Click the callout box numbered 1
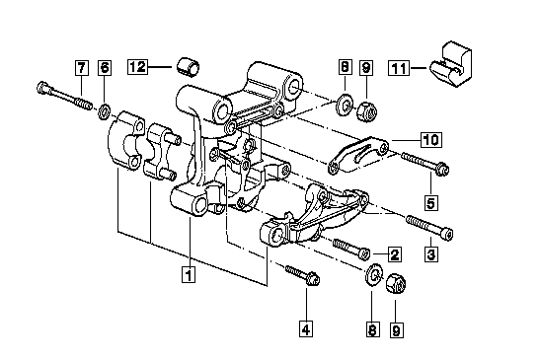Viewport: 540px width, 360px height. [189, 274]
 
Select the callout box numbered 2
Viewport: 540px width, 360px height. [394, 254]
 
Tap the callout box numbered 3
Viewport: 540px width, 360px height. [431, 254]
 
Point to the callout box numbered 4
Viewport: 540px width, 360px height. [306, 329]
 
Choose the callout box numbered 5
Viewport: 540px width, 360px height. [430, 203]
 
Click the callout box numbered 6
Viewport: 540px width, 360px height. [105, 67]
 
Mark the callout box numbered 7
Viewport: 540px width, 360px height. [82, 67]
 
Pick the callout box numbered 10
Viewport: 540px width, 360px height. [431, 139]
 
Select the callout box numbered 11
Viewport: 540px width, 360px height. [399, 68]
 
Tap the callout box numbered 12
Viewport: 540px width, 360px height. [138, 66]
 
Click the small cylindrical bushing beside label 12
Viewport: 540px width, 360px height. [189, 67]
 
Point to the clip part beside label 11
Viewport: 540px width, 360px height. [451, 64]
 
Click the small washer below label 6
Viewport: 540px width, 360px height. [104, 111]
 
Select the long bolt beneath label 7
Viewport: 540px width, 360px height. [64, 95]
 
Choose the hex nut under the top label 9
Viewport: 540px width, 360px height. [367, 110]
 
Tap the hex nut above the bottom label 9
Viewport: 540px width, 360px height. [396, 283]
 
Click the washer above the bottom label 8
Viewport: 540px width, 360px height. [374, 274]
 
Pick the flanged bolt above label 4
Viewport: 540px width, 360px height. [302, 274]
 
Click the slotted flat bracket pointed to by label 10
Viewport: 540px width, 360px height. [358, 155]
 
